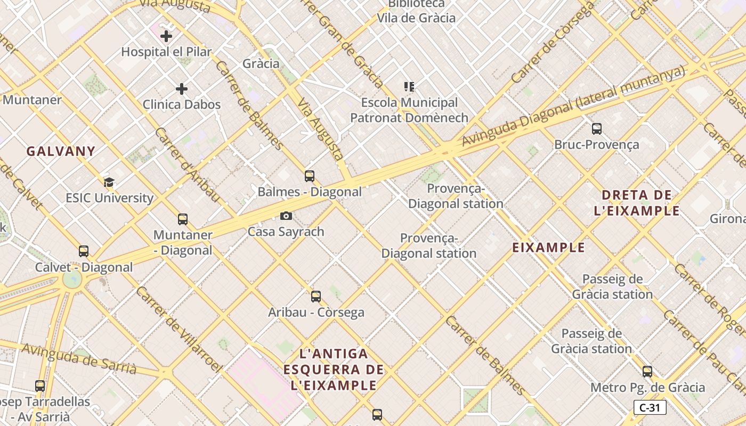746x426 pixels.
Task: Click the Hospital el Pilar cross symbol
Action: (166, 36)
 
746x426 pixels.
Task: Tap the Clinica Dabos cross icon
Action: (182, 88)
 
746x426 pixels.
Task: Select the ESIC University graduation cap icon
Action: (109, 183)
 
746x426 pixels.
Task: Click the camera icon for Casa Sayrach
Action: (286, 216)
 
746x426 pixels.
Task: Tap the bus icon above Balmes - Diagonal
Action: (310, 176)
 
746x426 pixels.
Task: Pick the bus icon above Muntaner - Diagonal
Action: (183, 219)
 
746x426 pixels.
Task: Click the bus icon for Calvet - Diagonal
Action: (84, 251)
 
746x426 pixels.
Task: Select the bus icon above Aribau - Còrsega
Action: (316, 297)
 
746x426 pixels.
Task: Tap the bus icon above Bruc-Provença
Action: (597, 129)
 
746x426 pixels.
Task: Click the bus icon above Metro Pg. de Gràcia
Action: (647, 372)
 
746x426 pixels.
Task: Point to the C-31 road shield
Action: (650, 408)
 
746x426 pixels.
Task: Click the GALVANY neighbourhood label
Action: (61, 151)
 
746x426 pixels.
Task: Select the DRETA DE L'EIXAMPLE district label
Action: (637, 203)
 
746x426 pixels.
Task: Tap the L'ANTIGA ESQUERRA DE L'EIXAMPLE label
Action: (334, 369)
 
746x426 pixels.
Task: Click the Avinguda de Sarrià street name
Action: (79, 358)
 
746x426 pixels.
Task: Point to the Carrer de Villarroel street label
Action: (179, 330)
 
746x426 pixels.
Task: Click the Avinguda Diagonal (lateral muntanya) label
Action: (573, 106)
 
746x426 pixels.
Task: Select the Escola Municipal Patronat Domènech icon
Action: (409, 86)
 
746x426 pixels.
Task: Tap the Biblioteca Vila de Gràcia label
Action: (416, 12)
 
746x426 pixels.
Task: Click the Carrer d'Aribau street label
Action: (187, 165)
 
